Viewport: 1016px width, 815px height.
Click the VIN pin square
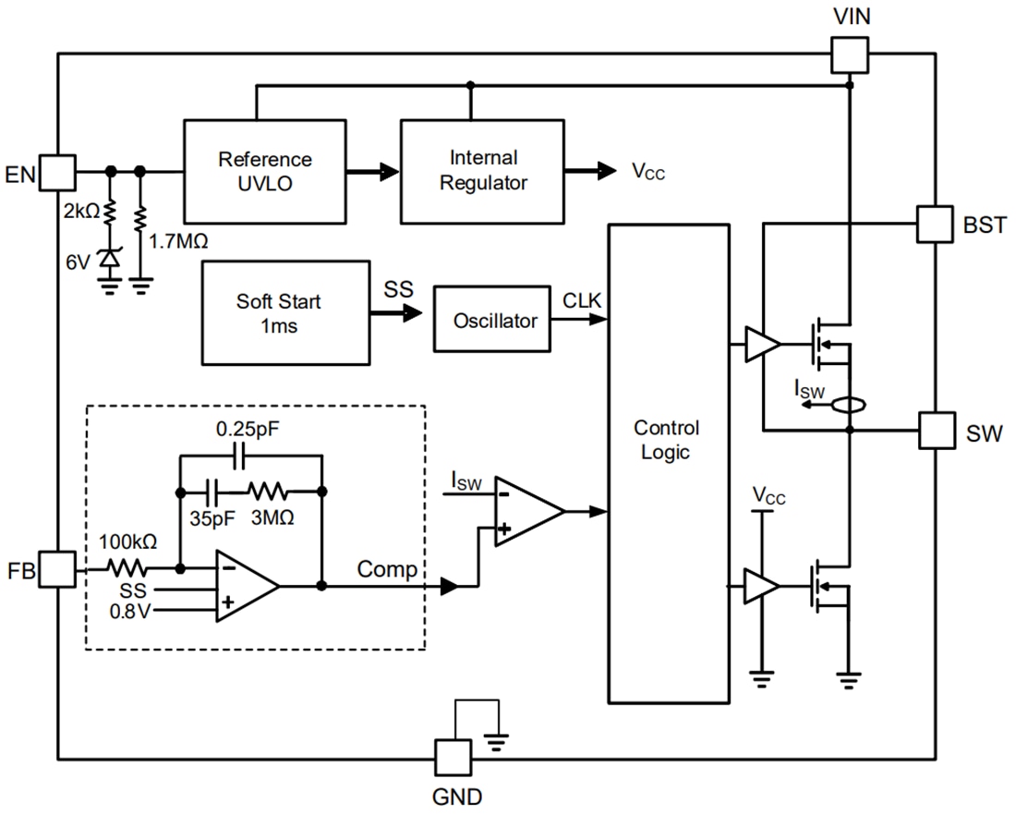pos(849,54)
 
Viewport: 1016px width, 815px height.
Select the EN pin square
pos(57,171)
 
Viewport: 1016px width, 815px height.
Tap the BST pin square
pos(935,223)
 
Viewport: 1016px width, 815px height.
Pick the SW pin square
pos(936,431)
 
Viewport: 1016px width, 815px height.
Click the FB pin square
pos(57,569)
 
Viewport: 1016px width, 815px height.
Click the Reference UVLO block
pos(265,171)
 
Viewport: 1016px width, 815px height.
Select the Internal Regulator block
pos(481,171)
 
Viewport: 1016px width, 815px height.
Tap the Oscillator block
pos(494,321)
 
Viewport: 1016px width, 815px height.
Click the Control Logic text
pos(665,440)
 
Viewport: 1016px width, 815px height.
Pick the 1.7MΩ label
pos(178,242)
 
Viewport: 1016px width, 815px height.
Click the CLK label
pos(582,299)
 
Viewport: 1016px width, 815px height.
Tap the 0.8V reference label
pos(130,612)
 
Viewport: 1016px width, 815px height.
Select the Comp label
pos(387,570)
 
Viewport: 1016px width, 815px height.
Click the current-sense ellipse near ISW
pos(849,404)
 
